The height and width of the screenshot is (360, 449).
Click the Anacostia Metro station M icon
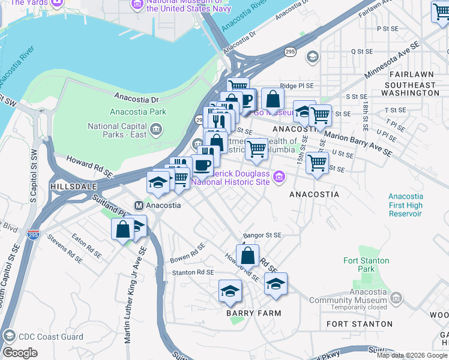click(139, 205)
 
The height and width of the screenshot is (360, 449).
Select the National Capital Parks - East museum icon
click(156, 127)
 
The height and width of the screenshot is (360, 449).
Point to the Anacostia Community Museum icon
click(396, 298)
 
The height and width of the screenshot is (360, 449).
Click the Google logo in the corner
click(20, 353)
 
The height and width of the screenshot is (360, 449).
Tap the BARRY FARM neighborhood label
click(253, 313)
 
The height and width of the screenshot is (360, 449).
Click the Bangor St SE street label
click(261, 236)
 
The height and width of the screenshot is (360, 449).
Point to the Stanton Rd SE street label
click(193, 272)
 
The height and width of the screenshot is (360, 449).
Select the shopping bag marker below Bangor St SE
click(247, 255)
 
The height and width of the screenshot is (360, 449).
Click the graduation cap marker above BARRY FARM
click(229, 291)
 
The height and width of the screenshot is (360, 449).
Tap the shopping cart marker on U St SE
click(317, 162)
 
